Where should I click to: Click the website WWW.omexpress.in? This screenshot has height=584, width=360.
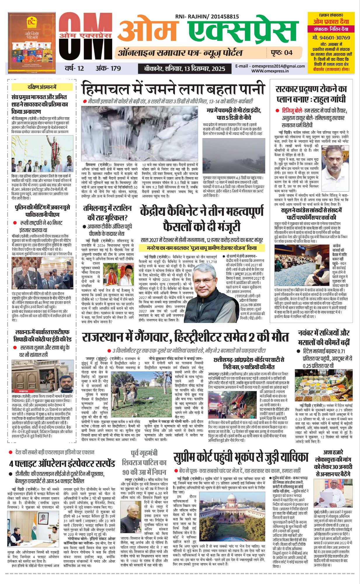(270, 71)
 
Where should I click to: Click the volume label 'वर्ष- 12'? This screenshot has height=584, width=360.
(74, 68)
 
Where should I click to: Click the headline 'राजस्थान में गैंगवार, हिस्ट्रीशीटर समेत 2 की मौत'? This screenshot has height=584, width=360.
(185, 337)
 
